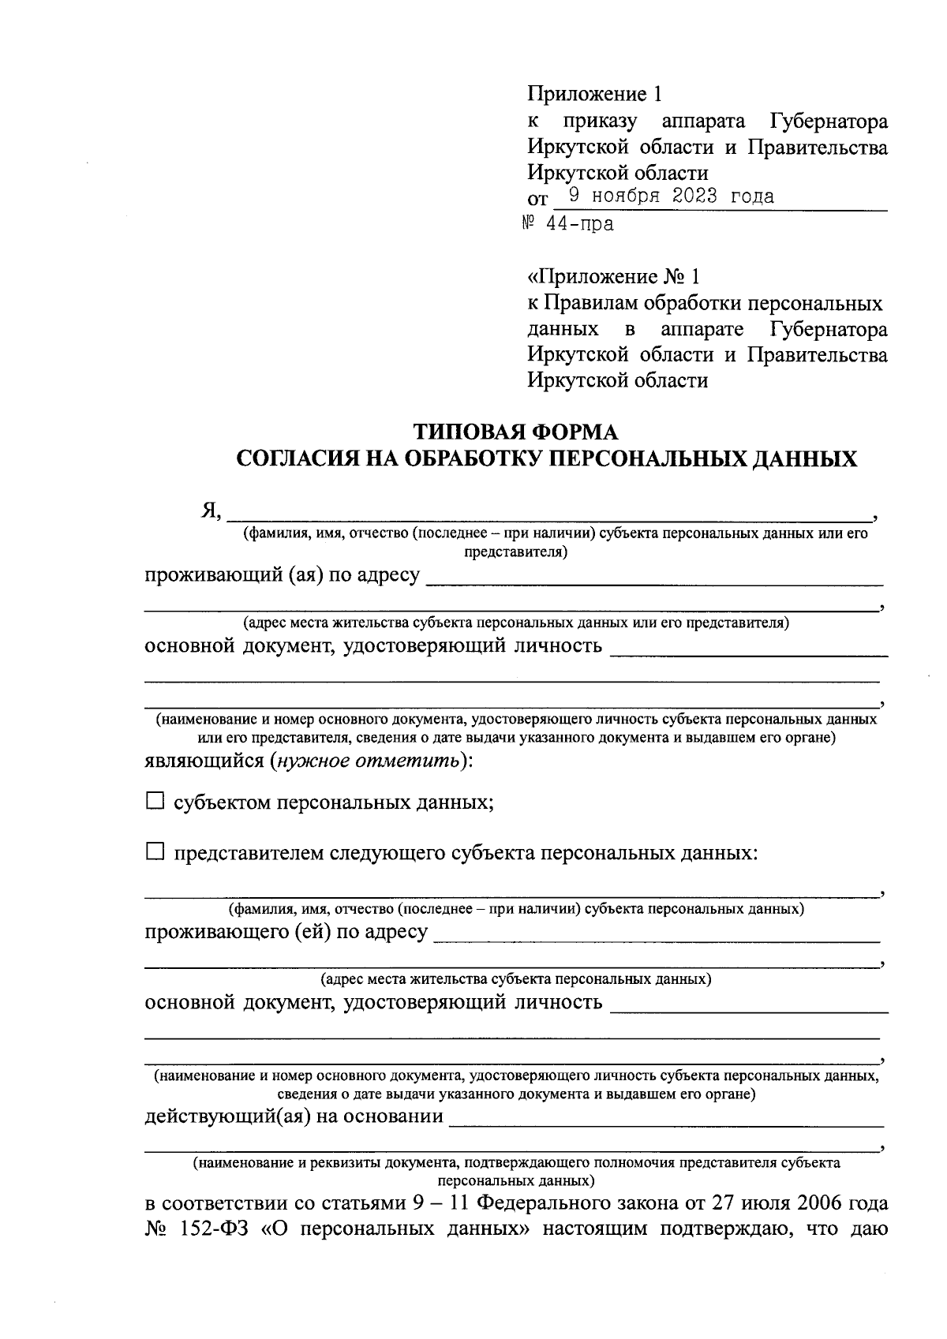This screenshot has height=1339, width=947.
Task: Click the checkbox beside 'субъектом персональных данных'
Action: pos(155,802)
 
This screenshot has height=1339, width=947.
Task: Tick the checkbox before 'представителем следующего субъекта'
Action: pos(155,851)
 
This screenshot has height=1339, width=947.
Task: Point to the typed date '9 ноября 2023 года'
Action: pos(670,196)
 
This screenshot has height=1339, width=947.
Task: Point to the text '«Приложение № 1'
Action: pos(613,277)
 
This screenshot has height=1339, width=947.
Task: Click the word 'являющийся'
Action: pos(204,761)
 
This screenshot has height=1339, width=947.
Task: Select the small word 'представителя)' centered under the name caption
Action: pos(516,552)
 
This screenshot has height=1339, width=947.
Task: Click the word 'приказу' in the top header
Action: pos(601,122)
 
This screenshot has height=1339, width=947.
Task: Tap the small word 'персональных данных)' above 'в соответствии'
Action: pos(516,1181)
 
